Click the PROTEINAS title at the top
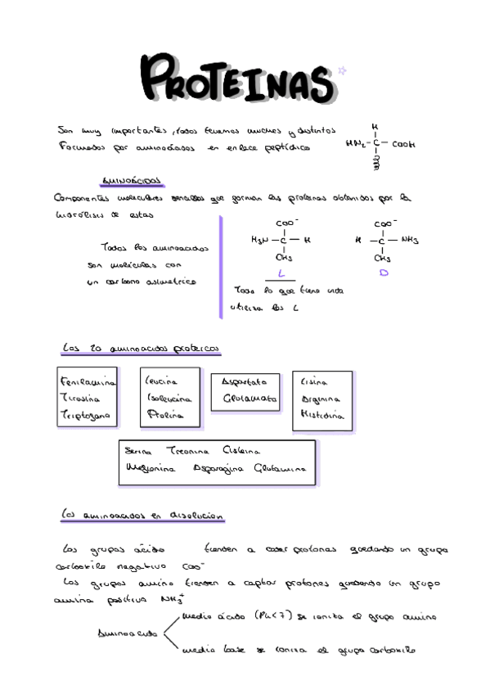pyautogui.click(x=237, y=79)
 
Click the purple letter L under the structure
pyautogui.click(x=281, y=273)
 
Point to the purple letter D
pyautogui.click(x=383, y=273)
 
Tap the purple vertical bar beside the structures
pyautogui.click(x=220, y=267)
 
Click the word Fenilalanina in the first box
pyautogui.click(x=88, y=382)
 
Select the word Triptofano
pyautogui.click(x=85, y=416)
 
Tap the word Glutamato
pyautogui.click(x=250, y=399)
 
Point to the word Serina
pyautogui.click(x=139, y=451)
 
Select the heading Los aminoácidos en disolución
pyautogui.click(x=143, y=516)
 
